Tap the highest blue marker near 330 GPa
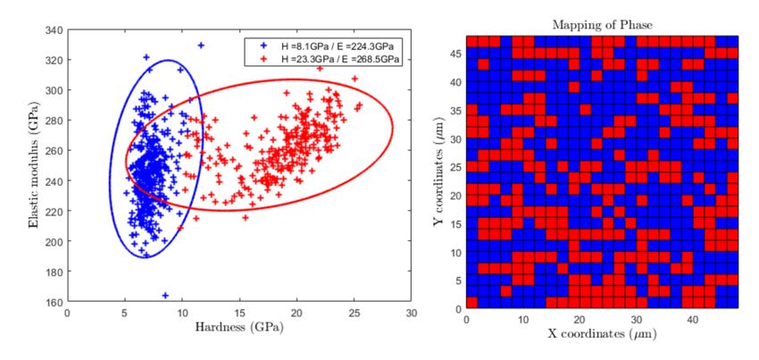click(201, 45)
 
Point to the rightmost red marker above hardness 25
click(360, 105)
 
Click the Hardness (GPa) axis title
click(239, 328)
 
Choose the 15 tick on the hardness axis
click(239, 313)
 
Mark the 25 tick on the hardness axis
click(354, 313)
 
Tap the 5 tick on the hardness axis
click(124, 313)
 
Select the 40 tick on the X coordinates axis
click(693, 318)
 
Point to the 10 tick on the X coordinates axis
click(523, 318)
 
